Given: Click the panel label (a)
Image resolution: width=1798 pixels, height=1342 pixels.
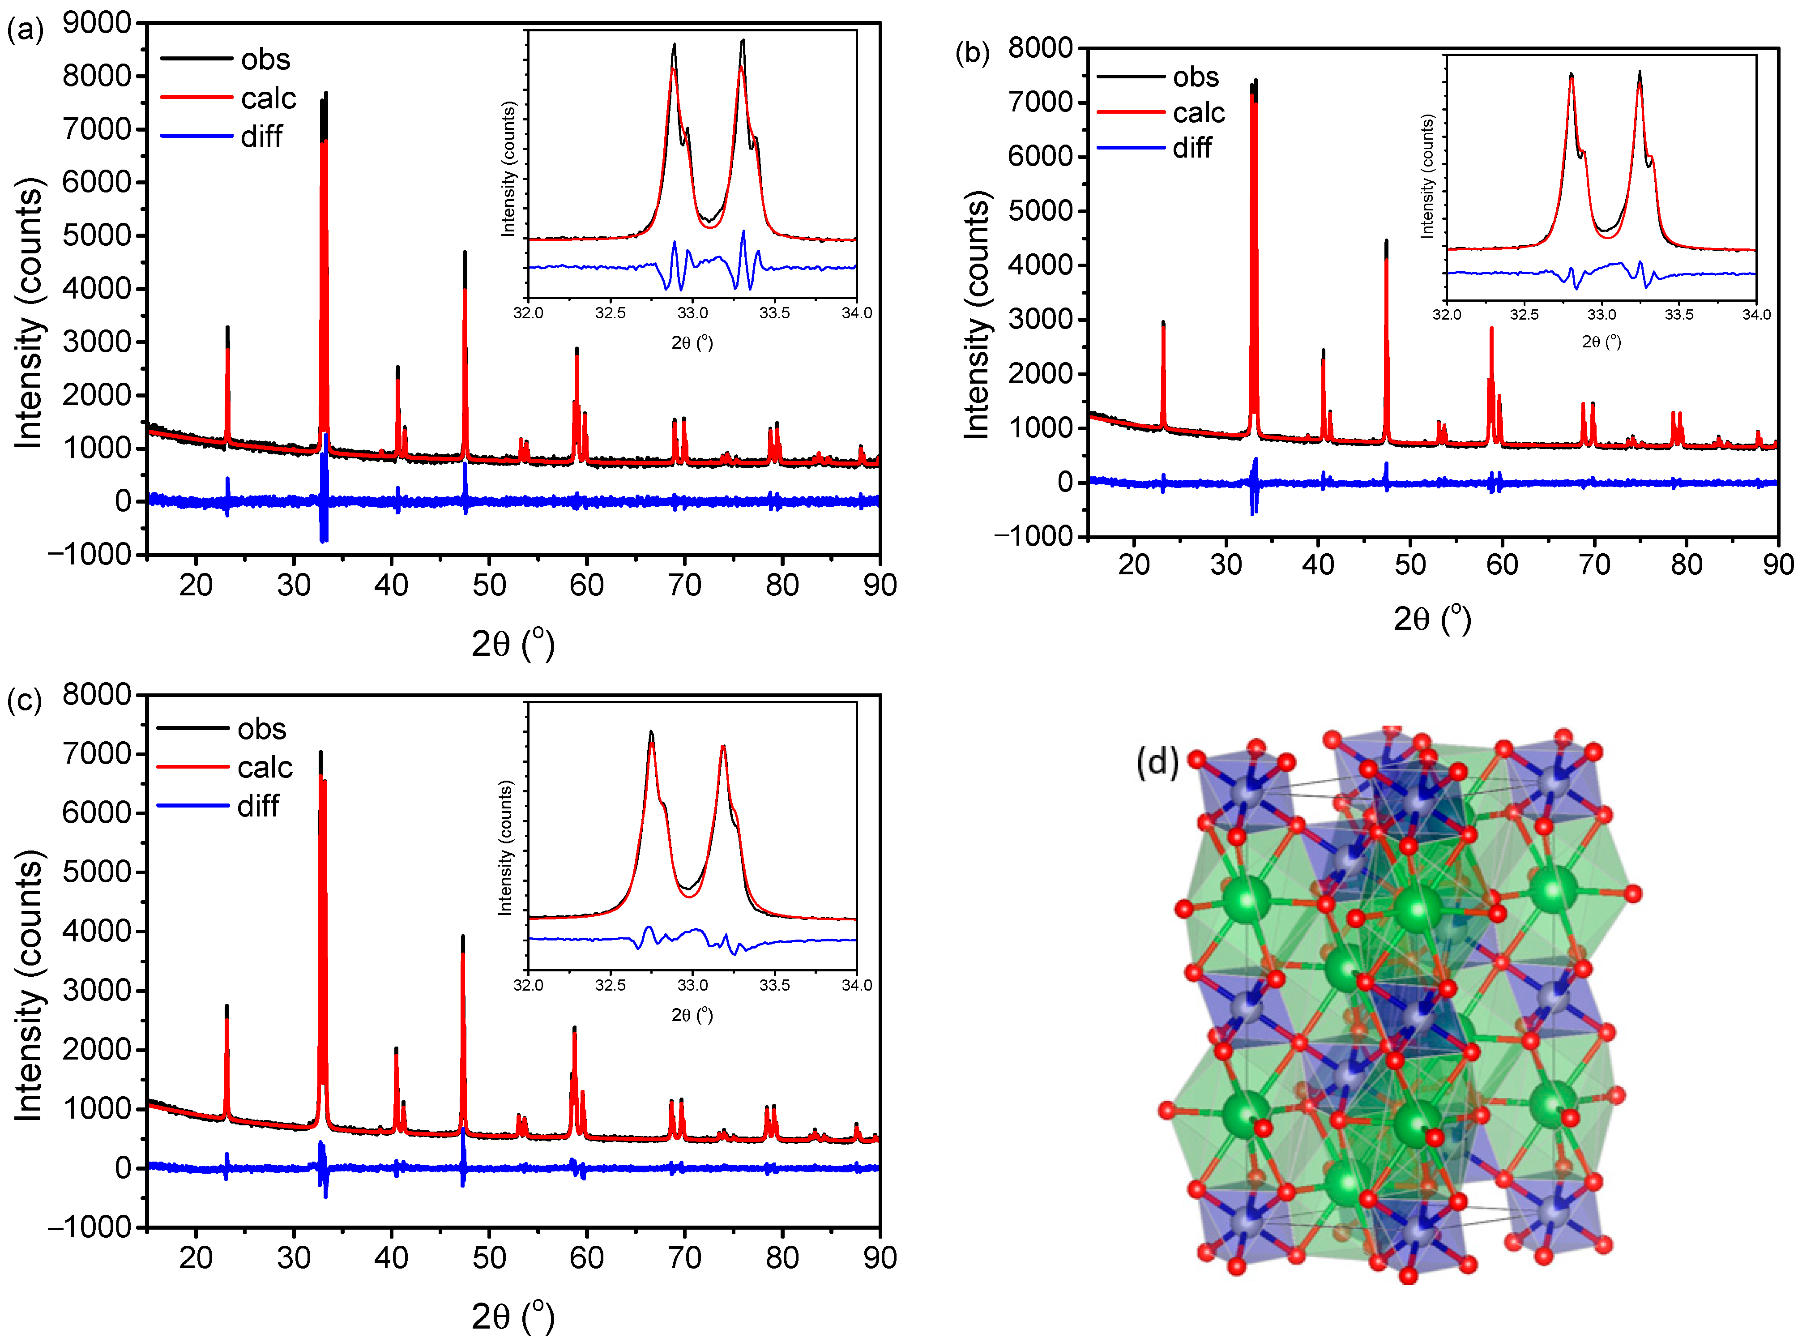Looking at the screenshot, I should [24, 31].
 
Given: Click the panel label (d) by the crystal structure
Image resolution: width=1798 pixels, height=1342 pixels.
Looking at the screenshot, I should [1157, 762].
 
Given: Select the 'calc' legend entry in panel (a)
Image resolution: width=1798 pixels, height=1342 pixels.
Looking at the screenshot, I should [268, 98].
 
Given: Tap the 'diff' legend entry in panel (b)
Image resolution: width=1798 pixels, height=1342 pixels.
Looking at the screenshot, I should [1192, 148].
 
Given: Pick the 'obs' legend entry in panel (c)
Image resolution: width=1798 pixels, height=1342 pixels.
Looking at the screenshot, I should [261, 729].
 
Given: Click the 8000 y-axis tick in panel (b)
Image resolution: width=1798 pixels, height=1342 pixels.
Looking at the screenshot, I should [1040, 48].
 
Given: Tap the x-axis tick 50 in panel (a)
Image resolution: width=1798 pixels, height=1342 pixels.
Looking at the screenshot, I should [489, 585].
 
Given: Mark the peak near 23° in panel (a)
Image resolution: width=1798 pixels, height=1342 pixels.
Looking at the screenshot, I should [227, 327].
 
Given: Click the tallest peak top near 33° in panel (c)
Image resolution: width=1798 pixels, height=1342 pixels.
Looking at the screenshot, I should [320, 752].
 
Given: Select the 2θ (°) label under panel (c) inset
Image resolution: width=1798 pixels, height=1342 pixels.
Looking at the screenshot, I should [692, 1015].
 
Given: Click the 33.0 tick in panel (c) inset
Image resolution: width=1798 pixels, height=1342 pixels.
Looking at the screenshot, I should [692, 985].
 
